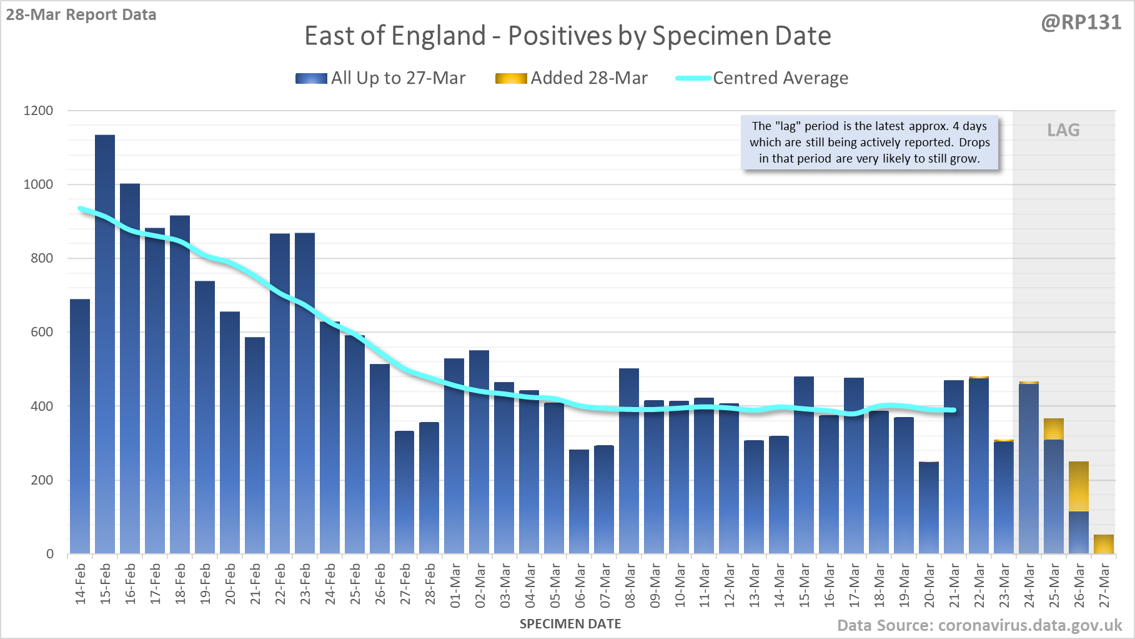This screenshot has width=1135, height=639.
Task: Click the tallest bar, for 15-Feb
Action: [x=105, y=344]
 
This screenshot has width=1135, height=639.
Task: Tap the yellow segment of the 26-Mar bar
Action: [x=1079, y=486]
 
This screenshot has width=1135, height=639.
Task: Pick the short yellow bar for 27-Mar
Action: [x=1104, y=544]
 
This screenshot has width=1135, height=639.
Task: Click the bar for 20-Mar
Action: [x=929, y=508]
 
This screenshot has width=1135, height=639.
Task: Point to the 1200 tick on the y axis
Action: [x=39, y=111]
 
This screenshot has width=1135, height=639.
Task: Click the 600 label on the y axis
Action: [x=42, y=332]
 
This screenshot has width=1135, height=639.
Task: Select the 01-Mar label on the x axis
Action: [x=455, y=586]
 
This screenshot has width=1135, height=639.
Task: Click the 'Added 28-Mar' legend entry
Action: [x=572, y=78]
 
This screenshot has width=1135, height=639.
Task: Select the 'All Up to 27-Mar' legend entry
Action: [x=380, y=78]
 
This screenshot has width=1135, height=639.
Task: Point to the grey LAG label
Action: [x=1063, y=130]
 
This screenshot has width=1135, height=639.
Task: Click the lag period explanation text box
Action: [x=869, y=143]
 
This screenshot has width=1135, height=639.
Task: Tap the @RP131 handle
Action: [x=1081, y=23]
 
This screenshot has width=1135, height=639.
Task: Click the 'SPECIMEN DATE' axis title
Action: [x=570, y=624]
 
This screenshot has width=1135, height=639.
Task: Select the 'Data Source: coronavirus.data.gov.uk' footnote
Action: [x=979, y=625]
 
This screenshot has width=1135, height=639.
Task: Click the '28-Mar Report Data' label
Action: [x=81, y=15]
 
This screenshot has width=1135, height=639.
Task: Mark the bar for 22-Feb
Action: [x=280, y=393]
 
